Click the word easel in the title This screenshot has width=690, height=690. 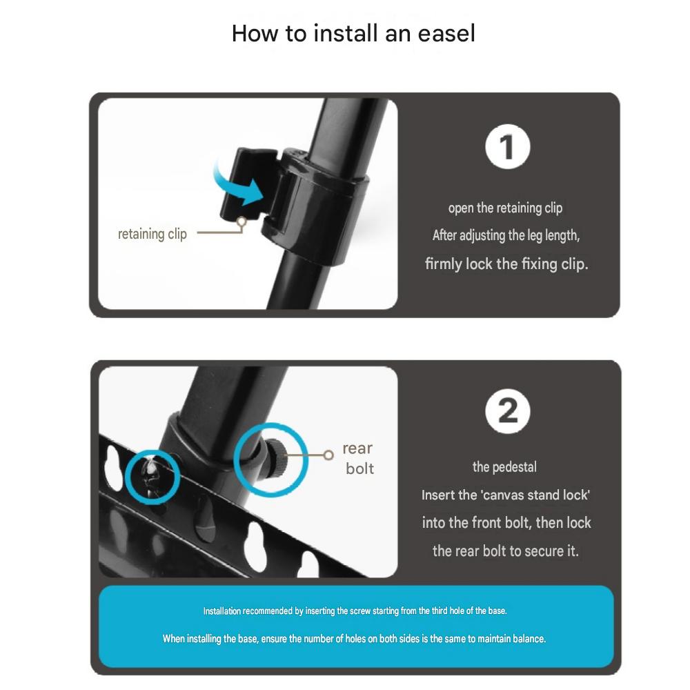point(446,33)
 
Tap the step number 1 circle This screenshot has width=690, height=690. point(507,146)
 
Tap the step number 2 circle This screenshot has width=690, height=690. point(507,411)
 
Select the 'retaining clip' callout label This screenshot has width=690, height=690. point(152,234)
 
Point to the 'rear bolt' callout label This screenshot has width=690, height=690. point(358,459)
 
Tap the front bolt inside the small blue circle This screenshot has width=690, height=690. point(151,475)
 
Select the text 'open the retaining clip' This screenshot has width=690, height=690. point(505,208)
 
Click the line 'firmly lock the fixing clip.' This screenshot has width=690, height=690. point(506,264)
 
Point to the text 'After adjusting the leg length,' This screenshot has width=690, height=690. point(506,236)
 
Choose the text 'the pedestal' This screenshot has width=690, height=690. point(504,467)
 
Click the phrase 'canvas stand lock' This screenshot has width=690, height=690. point(535,495)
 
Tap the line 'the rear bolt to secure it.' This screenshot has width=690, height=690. point(505,551)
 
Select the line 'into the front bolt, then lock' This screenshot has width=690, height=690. point(506,523)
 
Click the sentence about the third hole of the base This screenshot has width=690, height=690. point(355,611)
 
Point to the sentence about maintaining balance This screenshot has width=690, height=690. point(354,639)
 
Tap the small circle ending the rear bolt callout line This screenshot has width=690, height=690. point(328,455)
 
